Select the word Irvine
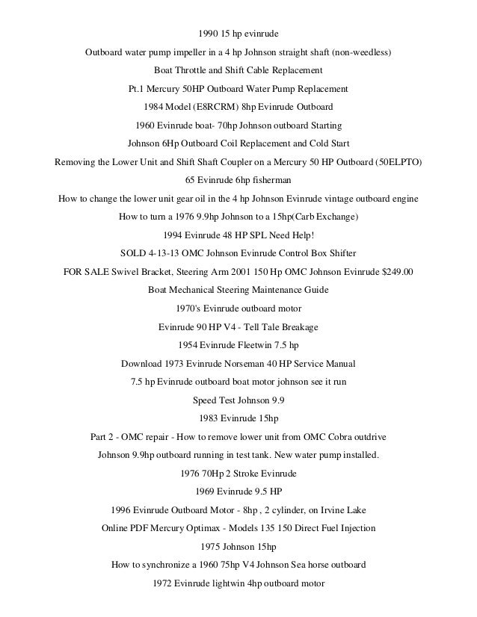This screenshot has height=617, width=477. click(329, 510)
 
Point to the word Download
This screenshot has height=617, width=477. click(142, 364)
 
